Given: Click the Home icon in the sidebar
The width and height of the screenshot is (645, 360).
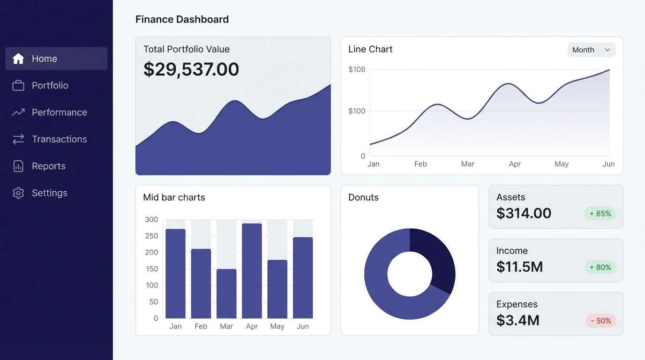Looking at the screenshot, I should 18,59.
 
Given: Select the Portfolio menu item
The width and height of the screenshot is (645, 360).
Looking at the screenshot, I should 50,85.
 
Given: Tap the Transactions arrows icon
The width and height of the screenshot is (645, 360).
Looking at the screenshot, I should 18,139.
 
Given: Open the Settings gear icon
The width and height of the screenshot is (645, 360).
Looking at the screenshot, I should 18,193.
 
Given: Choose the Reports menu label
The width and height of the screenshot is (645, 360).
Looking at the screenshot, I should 48,166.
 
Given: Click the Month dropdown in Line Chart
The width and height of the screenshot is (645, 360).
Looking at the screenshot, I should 591,50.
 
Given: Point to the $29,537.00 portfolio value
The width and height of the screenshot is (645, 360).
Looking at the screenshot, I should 191,69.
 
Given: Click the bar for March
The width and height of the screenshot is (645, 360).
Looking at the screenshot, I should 226,293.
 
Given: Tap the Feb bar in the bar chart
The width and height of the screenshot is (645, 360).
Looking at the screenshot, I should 201,284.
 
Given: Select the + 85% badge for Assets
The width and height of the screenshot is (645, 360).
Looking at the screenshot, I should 600,214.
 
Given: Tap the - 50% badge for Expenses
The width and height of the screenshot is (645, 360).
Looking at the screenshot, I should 600,321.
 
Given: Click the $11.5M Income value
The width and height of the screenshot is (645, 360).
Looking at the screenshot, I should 519,267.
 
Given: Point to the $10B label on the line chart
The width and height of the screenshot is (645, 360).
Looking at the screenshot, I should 357,70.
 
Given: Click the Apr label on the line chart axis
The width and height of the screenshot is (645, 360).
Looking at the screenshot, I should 515,164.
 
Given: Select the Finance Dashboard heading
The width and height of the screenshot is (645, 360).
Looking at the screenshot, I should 182,19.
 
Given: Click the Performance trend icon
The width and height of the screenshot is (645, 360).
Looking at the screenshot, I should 18,112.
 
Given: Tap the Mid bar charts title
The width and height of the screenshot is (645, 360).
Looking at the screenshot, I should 174,197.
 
